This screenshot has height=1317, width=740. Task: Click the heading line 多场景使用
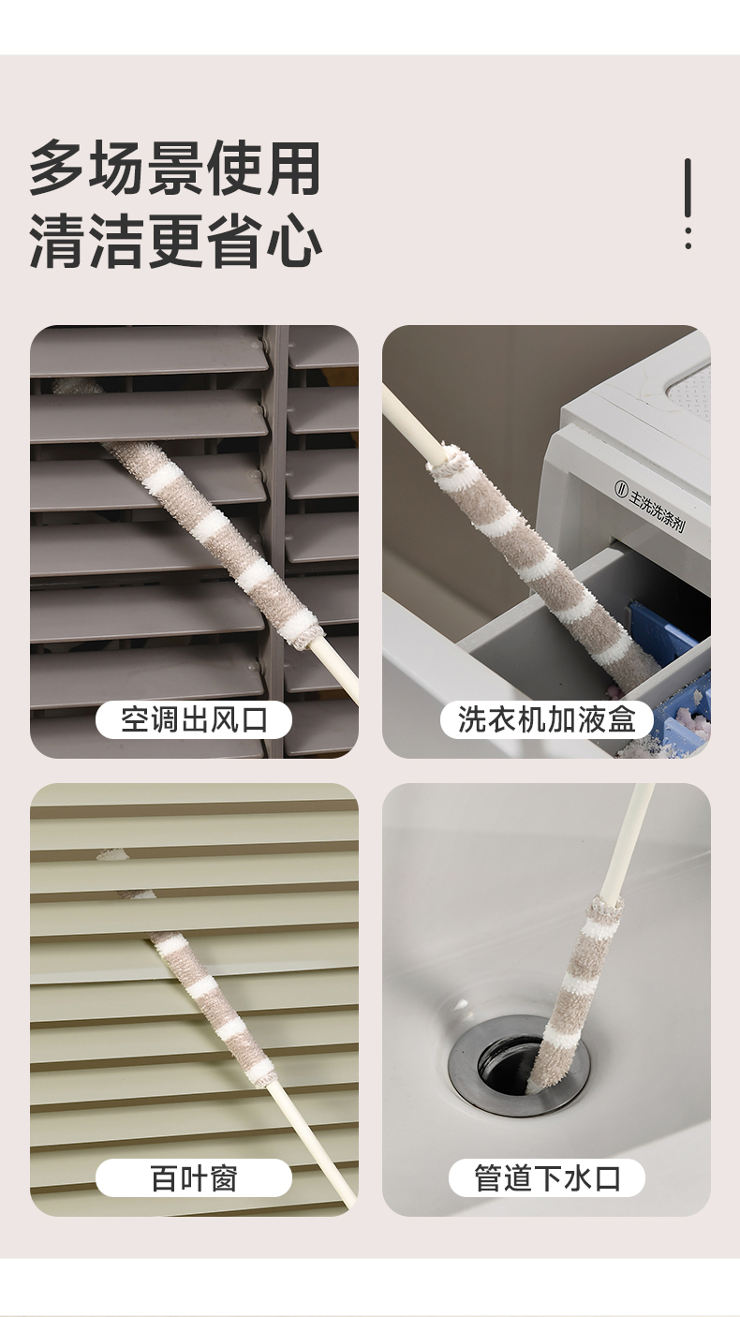point(175,169)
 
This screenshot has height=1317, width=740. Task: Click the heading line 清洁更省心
point(175,241)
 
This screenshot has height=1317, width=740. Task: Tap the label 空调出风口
point(194,719)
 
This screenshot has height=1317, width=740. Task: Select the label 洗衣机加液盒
point(547,719)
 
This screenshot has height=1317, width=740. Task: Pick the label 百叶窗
point(194,1178)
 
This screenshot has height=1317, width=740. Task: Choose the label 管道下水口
point(547,1178)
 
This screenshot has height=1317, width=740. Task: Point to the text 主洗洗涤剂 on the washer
point(658,506)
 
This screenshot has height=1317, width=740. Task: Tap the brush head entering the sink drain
point(573,994)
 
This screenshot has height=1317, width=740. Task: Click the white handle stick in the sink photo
point(628,844)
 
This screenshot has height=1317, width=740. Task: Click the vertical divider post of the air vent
point(275,540)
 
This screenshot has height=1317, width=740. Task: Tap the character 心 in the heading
point(294,242)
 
